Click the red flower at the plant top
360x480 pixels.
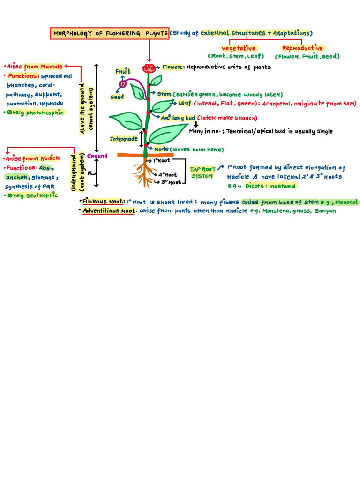(149, 68)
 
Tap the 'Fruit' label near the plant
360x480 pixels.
(123, 71)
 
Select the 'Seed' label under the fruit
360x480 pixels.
(117, 97)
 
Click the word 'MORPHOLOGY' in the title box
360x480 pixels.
(72, 34)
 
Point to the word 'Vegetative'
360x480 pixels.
(239, 48)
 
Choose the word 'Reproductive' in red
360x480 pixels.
(302, 48)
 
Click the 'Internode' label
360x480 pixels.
(124, 139)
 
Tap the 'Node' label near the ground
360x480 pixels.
(161, 149)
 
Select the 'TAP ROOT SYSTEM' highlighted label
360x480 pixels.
(202, 172)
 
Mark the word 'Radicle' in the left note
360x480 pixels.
(49, 158)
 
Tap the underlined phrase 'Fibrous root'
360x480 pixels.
(103, 202)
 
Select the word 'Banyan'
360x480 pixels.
(325, 211)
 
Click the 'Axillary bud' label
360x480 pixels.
(178, 118)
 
